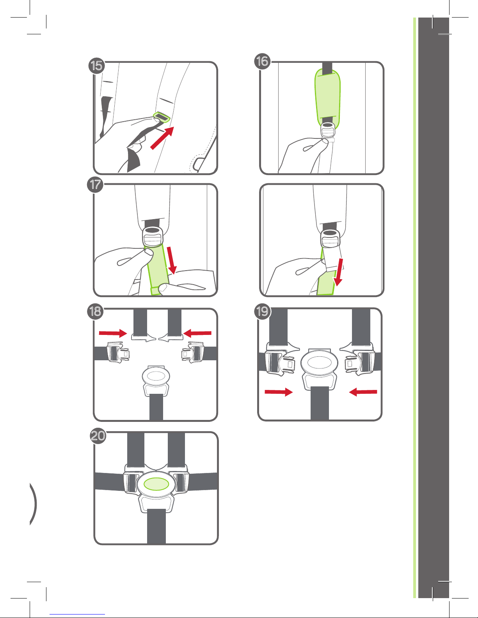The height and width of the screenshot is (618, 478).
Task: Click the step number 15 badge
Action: (x=97, y=66)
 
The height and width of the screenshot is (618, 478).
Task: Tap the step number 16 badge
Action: (x=262, y=61)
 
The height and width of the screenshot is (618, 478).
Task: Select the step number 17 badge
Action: (x=95, y=184)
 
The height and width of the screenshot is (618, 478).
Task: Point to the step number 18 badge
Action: (x=95, y=311)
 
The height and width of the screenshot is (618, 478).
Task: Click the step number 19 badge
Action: (x=262, y=311)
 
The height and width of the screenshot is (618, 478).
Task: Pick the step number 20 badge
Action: (x=98, y=436)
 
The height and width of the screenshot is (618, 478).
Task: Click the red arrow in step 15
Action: (x=162, y=138)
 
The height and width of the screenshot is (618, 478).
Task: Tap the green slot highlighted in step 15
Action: (x=162, y=117)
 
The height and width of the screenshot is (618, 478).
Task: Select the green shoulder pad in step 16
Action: (x=327, y=99)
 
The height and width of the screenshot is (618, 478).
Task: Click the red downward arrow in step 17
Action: (x=172, y=260)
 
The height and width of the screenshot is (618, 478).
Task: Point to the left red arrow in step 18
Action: (x=113, y=333)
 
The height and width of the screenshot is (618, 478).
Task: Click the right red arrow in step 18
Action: (x=197, y=333)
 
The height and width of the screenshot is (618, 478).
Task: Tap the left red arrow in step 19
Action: (x=279, y=392)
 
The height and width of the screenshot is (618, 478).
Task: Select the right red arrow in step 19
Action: (x=363, y=392)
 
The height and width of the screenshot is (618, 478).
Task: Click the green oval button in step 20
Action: (x=156, y=484)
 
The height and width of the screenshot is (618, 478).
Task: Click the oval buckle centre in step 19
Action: (x=319, y=363)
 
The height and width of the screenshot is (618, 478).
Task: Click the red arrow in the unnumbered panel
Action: (x=339, y=272)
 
